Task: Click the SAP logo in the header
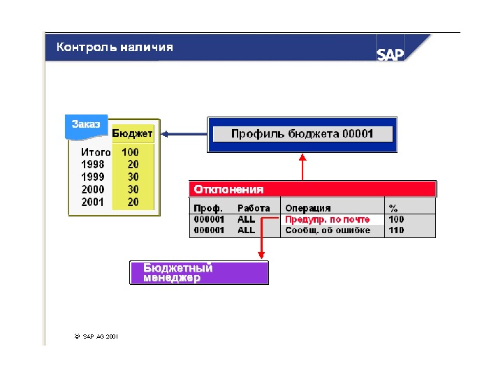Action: pos(391,54)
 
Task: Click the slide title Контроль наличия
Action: pos(115,47)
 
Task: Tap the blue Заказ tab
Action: pos(86,124)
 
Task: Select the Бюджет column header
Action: pos(133,133)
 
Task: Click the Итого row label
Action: pos(96,151)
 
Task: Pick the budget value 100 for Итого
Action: pos(130,151)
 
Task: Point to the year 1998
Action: pos(93,164)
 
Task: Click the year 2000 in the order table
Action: pos(93,189)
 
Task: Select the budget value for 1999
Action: pos(133,177)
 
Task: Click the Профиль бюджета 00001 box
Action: pos(302,134)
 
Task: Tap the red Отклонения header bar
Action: pos(313,189)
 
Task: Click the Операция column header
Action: pos(308,208)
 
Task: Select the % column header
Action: pos(393,208)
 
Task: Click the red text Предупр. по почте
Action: pos(328,219)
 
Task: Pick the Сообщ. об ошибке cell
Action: pos(328,230)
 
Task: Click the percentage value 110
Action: pos(396,230)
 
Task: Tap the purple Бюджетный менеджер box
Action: pos(199,273)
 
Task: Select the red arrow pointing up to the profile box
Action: pos(302,167)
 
